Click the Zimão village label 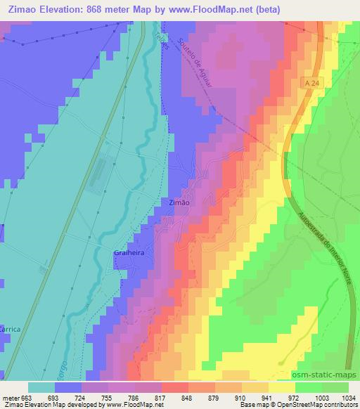tap(180, 202)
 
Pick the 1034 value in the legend tap(349, 397)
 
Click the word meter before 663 tap(11, 397)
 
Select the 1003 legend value tap(321, 397)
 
